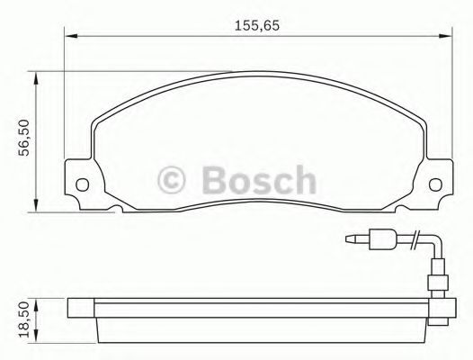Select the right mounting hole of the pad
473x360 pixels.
[x=438, y=187]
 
